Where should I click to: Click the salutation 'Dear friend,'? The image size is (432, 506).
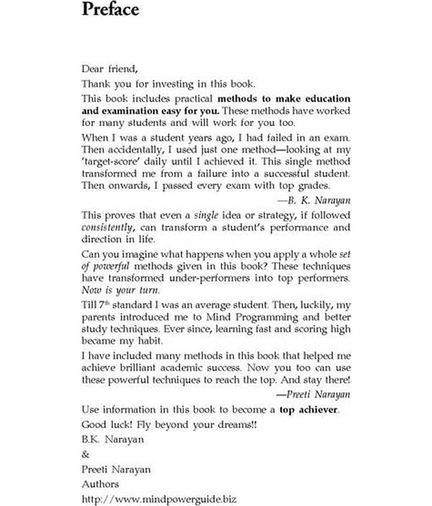[x=109, y=69]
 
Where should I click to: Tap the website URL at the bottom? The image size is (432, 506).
[x=159, y=499]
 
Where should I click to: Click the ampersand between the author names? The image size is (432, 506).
[x=85, y=454]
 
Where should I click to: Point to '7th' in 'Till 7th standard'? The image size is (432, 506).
[x=104, y=305]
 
